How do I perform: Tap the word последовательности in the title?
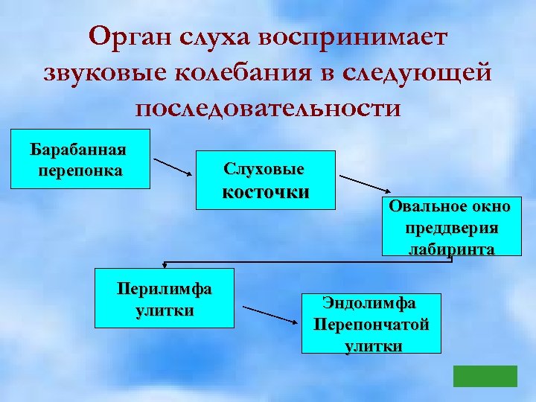click(268, 107)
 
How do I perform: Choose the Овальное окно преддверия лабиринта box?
click(448, 227)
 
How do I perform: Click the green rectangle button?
click(485, 376)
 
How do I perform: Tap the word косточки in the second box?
click(267, 192)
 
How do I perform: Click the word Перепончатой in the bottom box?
click(371, 325)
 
